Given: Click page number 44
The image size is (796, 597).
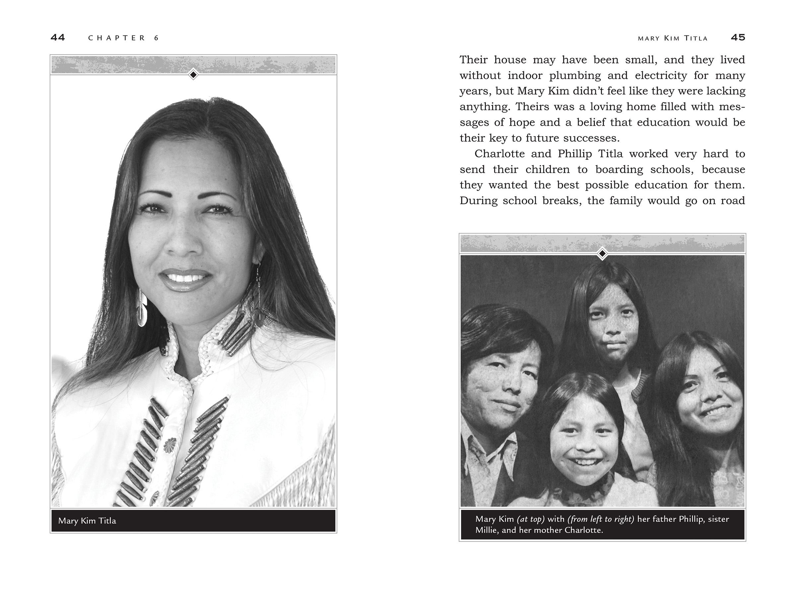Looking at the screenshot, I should (x=58, y=37).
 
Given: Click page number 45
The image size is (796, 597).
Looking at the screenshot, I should (x=738, y=37).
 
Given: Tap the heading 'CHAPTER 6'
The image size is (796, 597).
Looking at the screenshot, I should (x=123, y=38).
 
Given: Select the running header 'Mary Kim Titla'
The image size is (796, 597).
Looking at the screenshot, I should (x=673, y=38).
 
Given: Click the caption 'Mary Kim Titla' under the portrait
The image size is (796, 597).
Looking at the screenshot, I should (x=87, y=521).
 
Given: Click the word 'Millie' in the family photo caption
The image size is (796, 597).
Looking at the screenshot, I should (x=486, y=530).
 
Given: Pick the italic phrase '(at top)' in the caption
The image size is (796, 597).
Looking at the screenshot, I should (x=530, y=519).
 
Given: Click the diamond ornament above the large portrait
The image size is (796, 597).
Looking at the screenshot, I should (x=193, y=75).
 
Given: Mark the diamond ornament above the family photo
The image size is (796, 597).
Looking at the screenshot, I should (x=602, y=253).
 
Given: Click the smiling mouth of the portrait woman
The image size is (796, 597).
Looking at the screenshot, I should (x=185, y=278).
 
